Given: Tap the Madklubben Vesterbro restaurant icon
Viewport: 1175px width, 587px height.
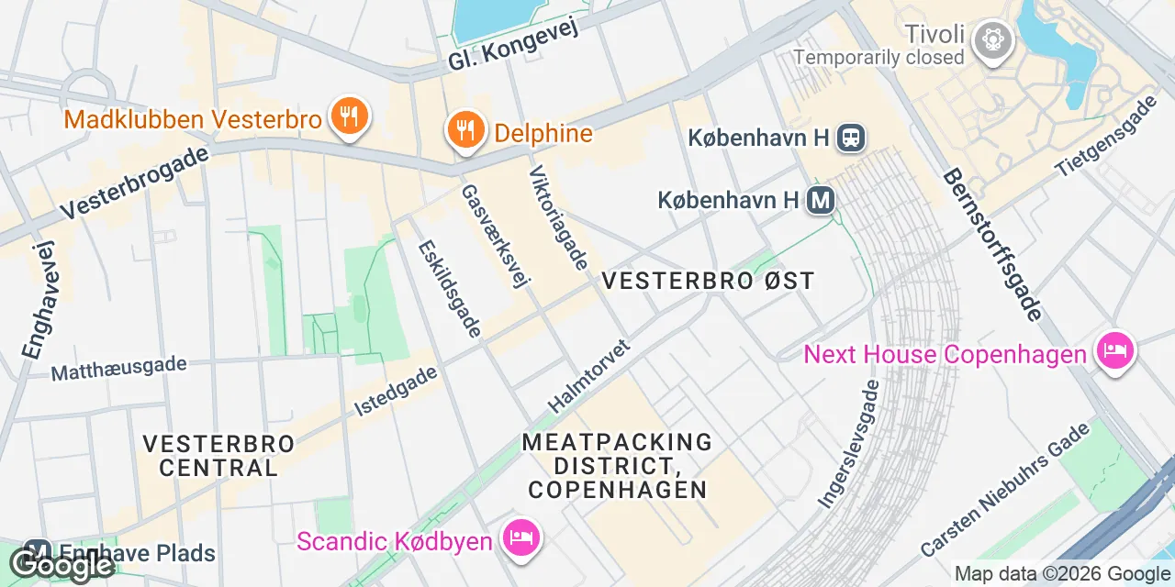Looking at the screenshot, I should point(348,116).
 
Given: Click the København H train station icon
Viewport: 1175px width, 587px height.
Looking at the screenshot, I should point(852,138).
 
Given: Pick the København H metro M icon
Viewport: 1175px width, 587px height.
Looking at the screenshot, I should point(820,199).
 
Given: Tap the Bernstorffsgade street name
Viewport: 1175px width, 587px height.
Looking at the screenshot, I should point(992,244).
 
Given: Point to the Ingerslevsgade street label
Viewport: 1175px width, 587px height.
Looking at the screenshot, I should point(849,444).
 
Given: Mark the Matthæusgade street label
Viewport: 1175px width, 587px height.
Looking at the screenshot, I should point(118,368).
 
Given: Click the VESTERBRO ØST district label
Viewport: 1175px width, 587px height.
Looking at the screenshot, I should point(708,281).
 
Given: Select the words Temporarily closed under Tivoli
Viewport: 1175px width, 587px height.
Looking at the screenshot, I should point(878,58).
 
